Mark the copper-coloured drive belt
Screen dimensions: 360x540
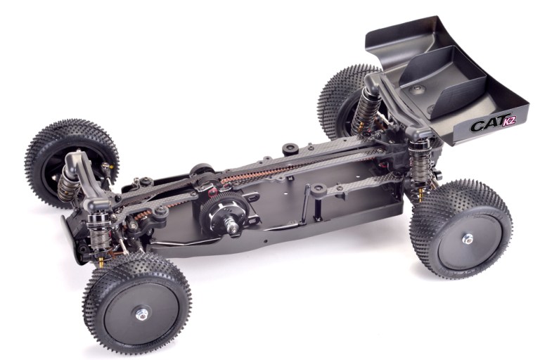pos(281,168)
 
